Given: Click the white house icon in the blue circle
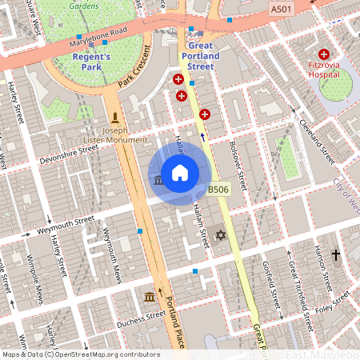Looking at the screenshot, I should click(x=180, y=172).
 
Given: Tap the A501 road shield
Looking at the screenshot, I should click(x=280, y=9).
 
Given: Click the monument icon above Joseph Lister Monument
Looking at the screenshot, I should click(x=116, y=117).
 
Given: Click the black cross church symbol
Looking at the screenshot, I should click(x=335, y=255).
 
